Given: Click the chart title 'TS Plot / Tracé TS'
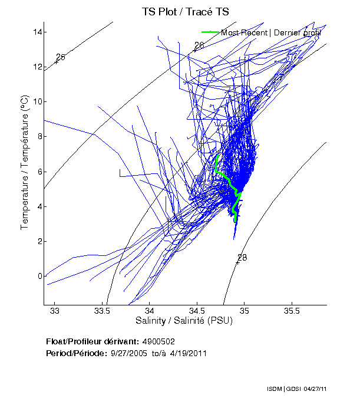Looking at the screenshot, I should point(185,11).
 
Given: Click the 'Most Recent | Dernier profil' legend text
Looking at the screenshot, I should point(270,32).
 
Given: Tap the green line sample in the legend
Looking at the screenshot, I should point(210,32).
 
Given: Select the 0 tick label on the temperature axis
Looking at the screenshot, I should point(39,276).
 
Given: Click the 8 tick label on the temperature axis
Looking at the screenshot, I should point(39,136).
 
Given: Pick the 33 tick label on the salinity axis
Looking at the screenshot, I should point(55,311).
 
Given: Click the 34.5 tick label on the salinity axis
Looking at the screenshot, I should point(197,311).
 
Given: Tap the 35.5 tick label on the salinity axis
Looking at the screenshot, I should point(292,311).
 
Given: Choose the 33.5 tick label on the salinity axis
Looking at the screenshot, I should point(102,311).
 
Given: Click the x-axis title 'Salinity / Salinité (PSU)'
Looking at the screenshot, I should point(184,321).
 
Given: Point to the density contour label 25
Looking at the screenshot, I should point(60,57).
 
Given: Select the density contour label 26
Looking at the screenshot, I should point(199,45).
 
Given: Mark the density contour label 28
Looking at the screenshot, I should point(242,258).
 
